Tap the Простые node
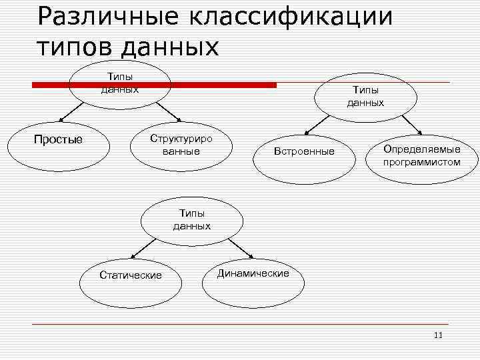click(x=59, y=139)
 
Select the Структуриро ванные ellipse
click(x=181, y=145)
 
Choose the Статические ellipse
click(x=130, y=275)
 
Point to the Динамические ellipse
click(x=253, y=273)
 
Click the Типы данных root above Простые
click(x=120, y=85)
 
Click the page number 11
click(x=438, y=335)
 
